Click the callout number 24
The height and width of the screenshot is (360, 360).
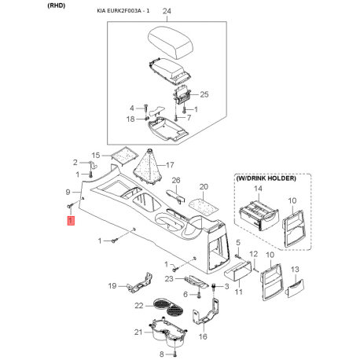click(167, 11)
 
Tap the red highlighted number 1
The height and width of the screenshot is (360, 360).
click(71, 220)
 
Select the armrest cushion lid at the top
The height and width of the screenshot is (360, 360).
click(171, 42)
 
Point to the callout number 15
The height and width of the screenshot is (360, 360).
click(96, 156)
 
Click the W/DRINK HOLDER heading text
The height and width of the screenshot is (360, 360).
click(266, 178)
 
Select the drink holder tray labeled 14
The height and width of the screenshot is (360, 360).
click(259, 215)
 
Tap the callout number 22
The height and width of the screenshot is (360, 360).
click(139, 306)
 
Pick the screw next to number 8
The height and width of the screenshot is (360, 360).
click(174, 354)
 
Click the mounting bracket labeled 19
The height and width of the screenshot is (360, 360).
click(140, 283)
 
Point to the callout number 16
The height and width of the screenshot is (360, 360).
click(203, 336)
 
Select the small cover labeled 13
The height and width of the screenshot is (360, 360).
click(295, 288)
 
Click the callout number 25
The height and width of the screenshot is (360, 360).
click(204, 94)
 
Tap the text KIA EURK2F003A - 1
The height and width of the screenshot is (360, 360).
click(123, 11)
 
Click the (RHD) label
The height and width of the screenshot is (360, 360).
click(56, 6)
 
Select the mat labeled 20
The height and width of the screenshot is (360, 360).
click(204, 205)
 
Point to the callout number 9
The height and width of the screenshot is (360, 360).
click(68, 192)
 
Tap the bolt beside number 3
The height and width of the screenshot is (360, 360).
click(213, 287)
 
